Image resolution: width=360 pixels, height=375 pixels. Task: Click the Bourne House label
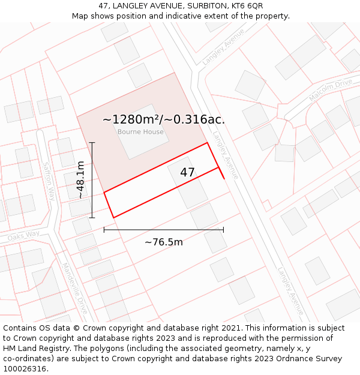point(140,132)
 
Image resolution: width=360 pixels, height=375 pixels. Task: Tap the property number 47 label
point(187,172)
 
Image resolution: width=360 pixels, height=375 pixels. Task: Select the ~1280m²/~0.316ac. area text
point(164,119)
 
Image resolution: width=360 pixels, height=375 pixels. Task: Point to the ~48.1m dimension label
point(80,180)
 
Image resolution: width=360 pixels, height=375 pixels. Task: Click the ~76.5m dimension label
point(164,242)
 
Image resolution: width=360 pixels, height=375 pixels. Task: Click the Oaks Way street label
point(24,235)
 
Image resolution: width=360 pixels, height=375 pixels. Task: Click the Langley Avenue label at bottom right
point(290,291)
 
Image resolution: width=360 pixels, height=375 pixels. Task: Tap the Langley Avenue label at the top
point(224,46)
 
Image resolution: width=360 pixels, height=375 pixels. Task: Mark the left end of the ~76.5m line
point(104,229)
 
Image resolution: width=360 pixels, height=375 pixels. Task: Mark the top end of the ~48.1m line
point(92,143)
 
